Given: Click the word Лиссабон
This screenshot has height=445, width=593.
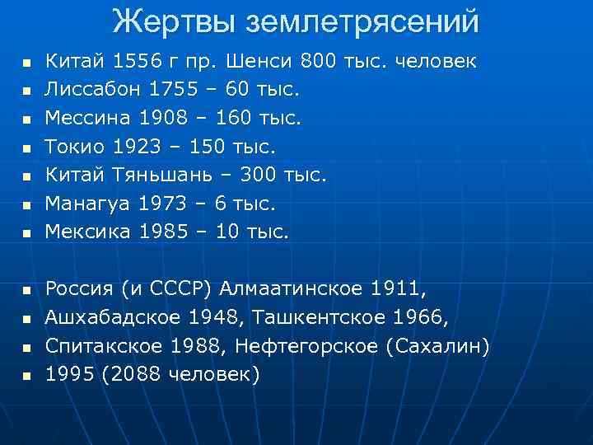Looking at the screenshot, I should tap(86, 88).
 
